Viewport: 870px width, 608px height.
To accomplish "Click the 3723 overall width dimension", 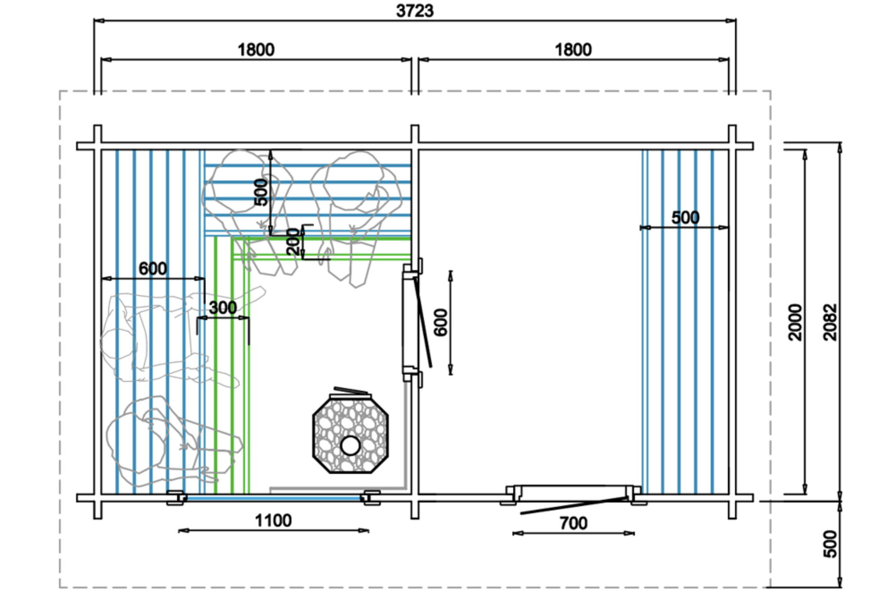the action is (x=414, y=11).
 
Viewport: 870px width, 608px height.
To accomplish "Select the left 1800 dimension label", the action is (x=256, y=50).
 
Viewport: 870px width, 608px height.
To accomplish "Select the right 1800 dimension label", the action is (x=573, y=50).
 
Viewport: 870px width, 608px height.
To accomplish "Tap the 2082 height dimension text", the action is (x=830, y=322).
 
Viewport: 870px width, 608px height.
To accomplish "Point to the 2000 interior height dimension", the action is (x=795, y=322).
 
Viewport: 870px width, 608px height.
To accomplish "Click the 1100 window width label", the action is (x=273, y=520).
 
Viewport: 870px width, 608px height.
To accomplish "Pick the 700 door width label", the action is (x=574, y=523).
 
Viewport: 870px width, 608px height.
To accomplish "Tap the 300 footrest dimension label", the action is (x=223, y=308).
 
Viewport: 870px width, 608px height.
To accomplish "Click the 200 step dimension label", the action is (x=293, y=242).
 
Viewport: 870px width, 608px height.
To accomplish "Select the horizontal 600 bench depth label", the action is (x=153, y=269).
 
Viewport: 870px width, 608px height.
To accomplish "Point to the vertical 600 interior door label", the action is (x=441, y=322).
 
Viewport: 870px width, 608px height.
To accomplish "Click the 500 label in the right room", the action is (x=685, y=218).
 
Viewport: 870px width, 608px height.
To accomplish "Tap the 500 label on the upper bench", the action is (x=261, y=192).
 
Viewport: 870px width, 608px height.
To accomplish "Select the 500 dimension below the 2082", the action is (x=830, y=544).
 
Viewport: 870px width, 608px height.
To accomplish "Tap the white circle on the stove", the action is (x=351, y=445).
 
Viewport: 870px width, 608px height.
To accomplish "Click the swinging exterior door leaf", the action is (x=574, y=505).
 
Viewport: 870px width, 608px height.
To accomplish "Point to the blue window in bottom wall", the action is (x=274, y=498).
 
